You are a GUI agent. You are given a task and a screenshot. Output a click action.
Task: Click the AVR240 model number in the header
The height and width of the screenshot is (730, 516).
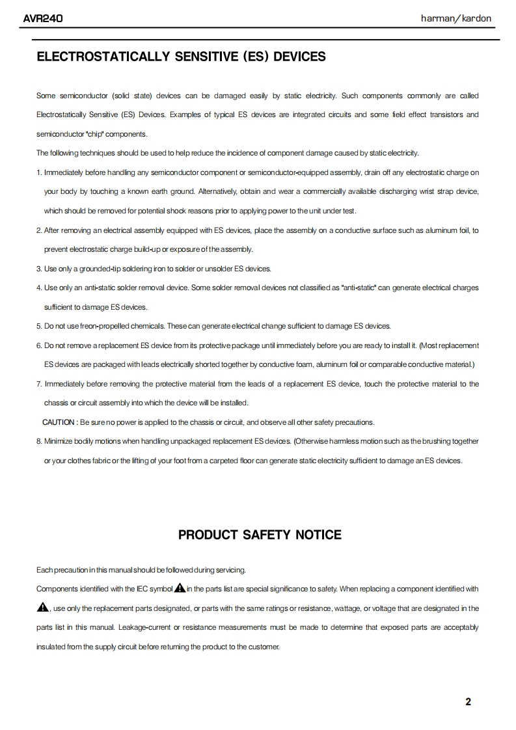pos(42,19)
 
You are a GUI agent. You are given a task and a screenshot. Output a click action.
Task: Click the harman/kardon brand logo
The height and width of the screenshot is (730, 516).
pos(456,19)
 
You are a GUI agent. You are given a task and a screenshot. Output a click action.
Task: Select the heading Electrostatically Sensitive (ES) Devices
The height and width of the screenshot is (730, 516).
pos(181,57)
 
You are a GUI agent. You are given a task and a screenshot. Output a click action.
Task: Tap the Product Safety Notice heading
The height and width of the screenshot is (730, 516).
pos(260,535)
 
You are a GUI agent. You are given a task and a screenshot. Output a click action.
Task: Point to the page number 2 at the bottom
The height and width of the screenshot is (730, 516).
pos(468,701)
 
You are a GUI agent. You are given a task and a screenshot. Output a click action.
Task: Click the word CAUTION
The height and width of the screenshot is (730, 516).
pos(59,422)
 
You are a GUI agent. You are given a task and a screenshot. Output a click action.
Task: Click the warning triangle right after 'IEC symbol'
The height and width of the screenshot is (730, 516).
pos(180,589)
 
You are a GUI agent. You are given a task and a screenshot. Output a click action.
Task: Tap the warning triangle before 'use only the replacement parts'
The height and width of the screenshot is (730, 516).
pos(43,608)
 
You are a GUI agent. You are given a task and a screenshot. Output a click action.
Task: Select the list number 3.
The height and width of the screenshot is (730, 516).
pos(38,269)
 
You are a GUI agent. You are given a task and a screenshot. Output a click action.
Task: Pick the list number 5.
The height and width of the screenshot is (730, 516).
pos(38,326)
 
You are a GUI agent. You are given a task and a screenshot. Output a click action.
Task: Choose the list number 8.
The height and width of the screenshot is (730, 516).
pos(38,441)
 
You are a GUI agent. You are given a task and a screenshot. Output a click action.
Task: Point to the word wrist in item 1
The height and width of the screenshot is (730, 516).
pos(403,191)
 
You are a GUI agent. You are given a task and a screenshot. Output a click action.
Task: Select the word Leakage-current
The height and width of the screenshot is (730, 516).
pos(144,627)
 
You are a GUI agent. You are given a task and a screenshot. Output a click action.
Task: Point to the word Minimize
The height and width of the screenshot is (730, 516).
pos(58,441)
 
